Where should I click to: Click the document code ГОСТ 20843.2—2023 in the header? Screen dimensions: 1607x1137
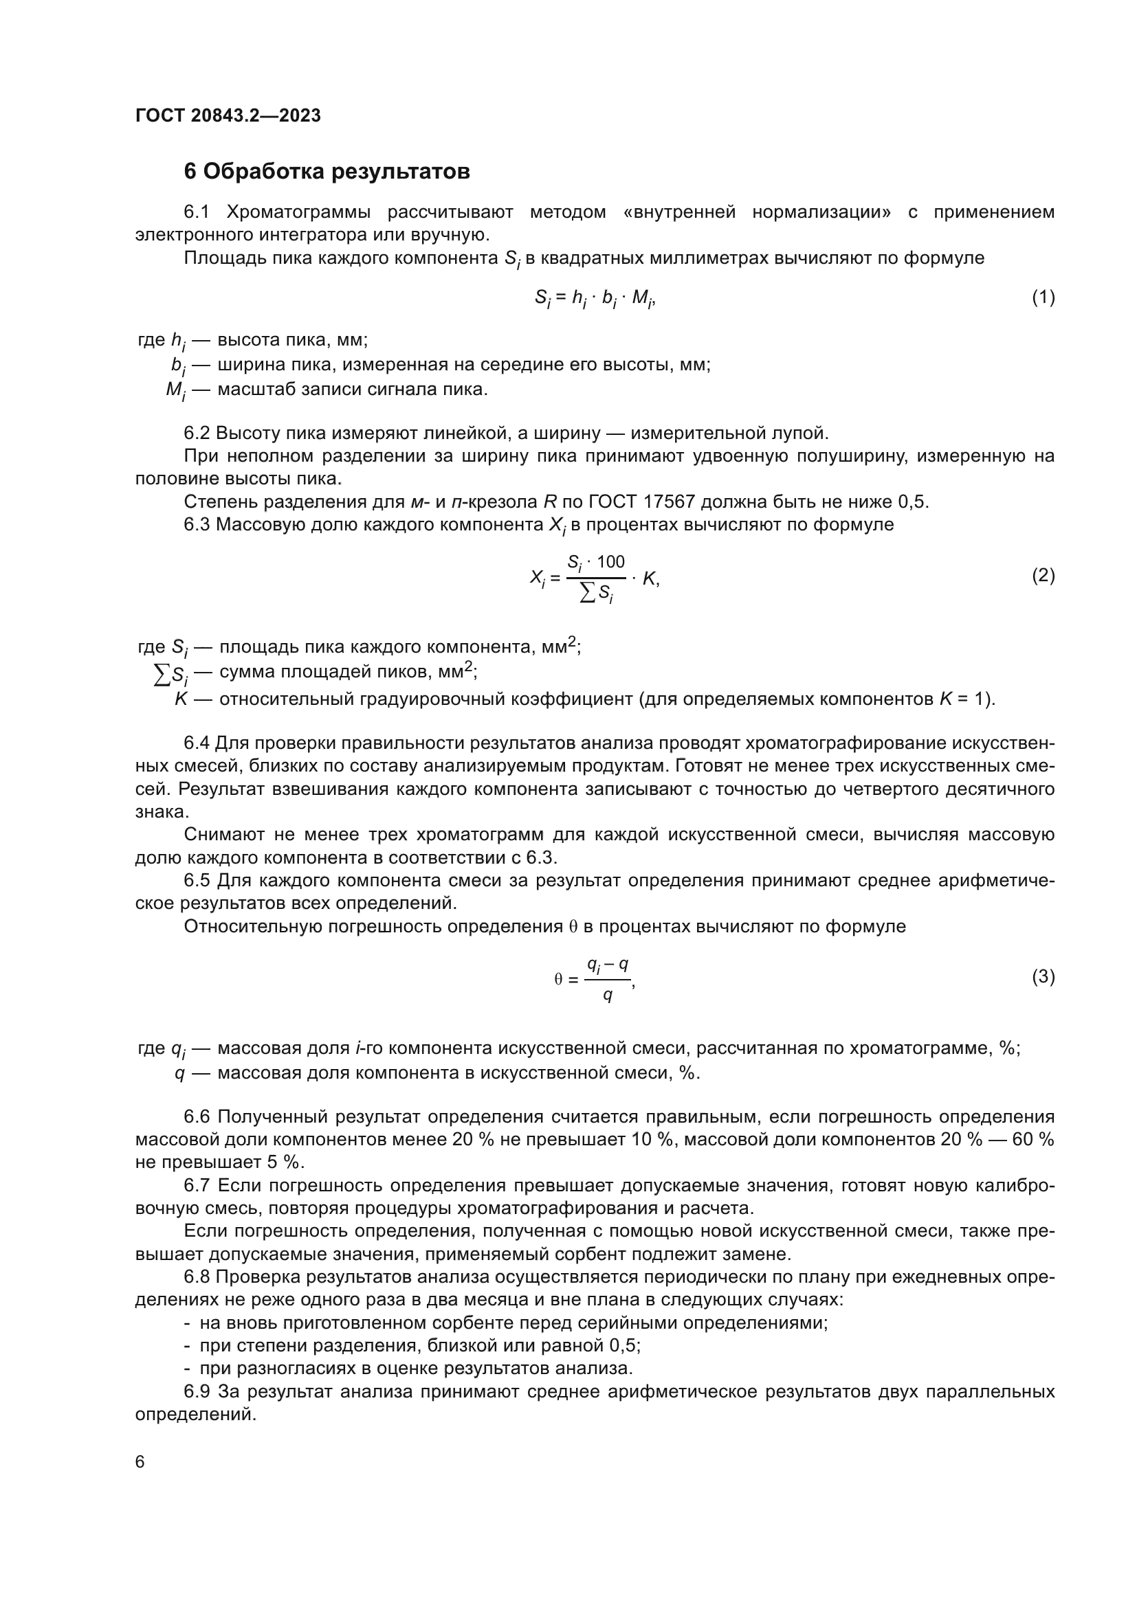click(228, 115)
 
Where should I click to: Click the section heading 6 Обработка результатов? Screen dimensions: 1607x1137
click(327, 172)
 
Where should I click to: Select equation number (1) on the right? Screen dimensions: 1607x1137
click(1043, 297)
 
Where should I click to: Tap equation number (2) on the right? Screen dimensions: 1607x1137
click(1043, 575)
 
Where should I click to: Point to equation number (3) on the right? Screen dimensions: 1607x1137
click(1043, 976)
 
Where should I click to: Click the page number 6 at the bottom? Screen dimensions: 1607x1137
click(140, 1462)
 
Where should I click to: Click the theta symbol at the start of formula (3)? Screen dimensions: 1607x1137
click(558, 980)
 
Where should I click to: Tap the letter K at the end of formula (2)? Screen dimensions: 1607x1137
click(648, 578)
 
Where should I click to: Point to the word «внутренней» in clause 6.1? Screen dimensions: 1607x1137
click(678, 212)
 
